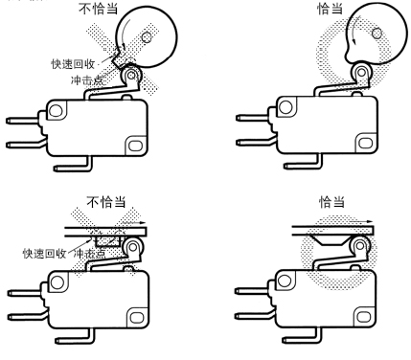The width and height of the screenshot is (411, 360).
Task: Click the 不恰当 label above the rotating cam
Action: (99, 8)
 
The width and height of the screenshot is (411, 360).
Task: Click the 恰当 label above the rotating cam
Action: (330, 9)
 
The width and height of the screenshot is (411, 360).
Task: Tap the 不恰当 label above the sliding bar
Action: (106, 201)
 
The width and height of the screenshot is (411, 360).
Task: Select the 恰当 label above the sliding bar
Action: (332, 202)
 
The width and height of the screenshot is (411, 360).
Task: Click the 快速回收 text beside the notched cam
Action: (73, 64)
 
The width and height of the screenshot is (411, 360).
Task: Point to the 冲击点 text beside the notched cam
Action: (87, 79)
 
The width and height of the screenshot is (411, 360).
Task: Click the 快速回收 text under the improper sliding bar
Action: (44, 254)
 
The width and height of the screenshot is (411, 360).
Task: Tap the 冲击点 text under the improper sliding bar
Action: (89, 254)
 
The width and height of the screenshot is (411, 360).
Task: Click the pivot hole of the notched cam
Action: (147, 37)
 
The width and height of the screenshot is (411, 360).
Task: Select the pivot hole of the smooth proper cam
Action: (377, 34)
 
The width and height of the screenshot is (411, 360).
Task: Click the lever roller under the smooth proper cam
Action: (361, 73)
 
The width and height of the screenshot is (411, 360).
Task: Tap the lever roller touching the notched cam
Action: (131, 76)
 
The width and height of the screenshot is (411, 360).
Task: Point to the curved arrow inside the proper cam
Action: (355, 31)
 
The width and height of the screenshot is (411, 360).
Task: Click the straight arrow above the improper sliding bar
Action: (134, 223)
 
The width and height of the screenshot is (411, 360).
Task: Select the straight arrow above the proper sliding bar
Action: (360, 221)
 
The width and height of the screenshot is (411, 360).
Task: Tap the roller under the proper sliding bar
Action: (360, 246)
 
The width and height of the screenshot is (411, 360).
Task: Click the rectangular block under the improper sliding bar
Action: (108, 241)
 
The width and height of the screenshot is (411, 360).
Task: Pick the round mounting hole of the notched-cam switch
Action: (56, 111)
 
